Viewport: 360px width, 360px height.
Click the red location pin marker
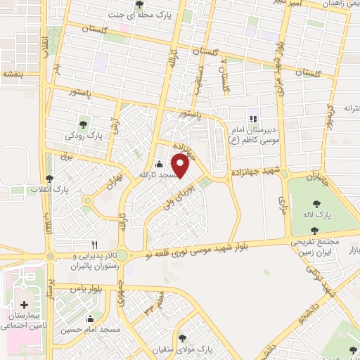tap(181, 166)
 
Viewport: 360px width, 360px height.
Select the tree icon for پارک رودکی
tap(86, 124)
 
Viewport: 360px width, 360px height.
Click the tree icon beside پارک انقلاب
tap(49, 179)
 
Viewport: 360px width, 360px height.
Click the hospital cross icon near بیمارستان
tap(25, 305)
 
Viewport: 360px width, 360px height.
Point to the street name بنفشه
tap(14, 73)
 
